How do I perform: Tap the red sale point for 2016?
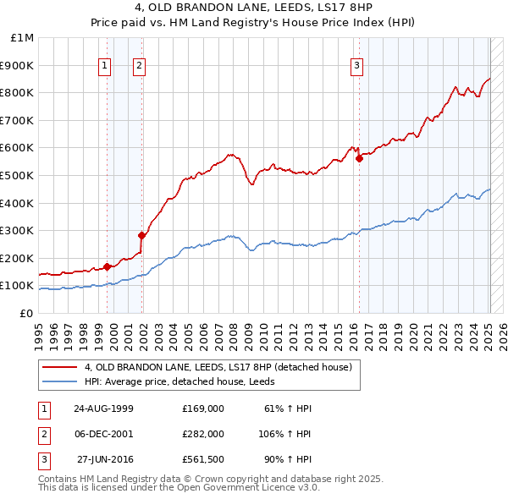tap(359, 157)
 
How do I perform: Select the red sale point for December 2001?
tap(141, 235)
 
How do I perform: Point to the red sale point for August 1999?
tap(108, 266)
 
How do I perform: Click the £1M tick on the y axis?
tap(23, 38)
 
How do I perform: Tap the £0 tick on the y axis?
tap(26, 313)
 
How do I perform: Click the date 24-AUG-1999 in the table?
tap(104, 409)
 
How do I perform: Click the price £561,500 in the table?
tap(203, 459)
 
